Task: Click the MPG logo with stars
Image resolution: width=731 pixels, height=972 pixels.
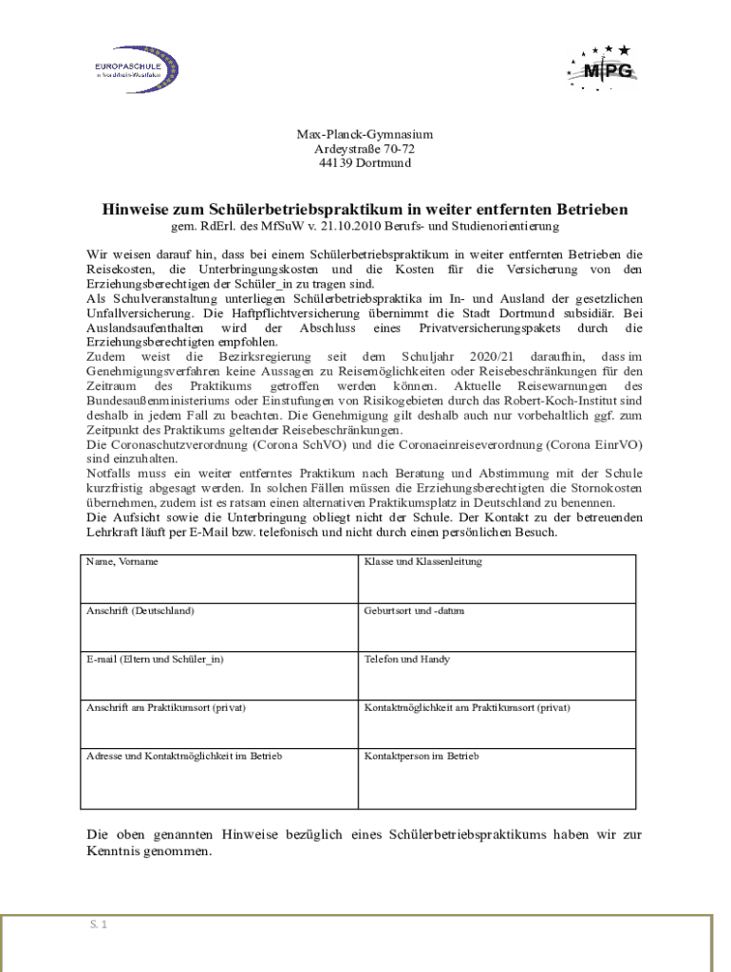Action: (600, 67)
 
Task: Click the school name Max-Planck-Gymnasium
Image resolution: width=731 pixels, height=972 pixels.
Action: (365, 136)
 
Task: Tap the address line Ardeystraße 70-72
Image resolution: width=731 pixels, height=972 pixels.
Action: (365, 150)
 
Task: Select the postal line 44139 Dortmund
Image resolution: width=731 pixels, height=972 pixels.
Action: (365, 164)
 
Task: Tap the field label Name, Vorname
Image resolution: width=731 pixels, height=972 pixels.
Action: (122, 562)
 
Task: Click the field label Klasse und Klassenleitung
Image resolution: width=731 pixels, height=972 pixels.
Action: (423, 562)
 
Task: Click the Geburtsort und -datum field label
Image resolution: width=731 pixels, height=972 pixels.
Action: (415, 610)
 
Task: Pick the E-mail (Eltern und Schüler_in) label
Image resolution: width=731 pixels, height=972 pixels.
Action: (156, 659)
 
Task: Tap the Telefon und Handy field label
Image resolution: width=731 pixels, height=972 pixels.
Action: (407, 659)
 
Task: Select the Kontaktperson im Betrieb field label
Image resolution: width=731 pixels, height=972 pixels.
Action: (422, 757)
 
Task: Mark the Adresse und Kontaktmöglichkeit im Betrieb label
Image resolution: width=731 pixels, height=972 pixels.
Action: (184, 757)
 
